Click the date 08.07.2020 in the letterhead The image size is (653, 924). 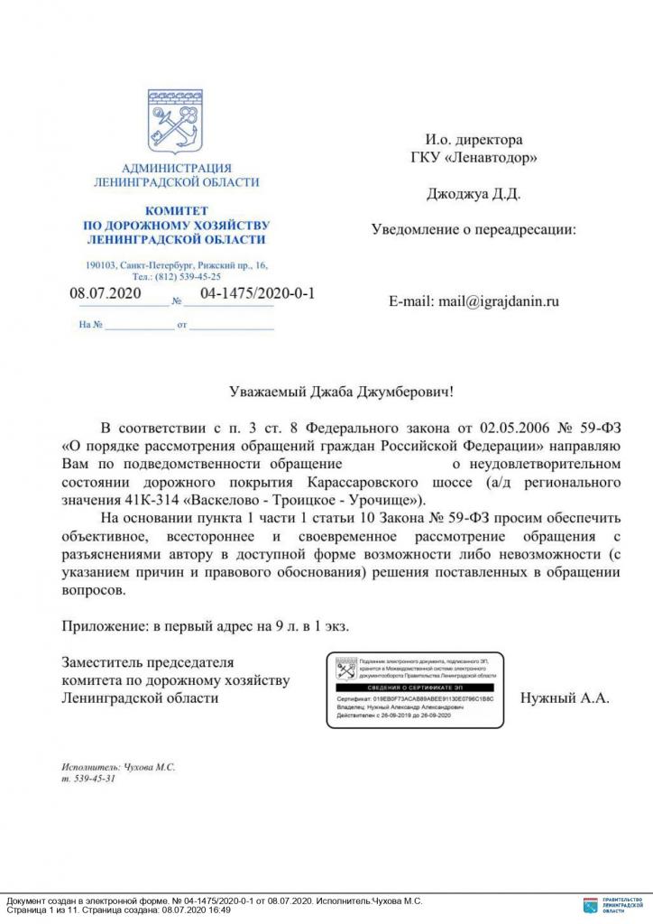(x=106, y=294)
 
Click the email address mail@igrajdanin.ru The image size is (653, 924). (x=474, y=301)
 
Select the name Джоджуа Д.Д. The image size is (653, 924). (x=473, y=193)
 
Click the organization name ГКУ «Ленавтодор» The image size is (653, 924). (x=474, y=158)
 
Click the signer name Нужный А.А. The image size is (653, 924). (x=566, y=698)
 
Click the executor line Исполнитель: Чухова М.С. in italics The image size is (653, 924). (x=118, y=766)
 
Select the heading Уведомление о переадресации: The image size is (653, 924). (x=474, y=229)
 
